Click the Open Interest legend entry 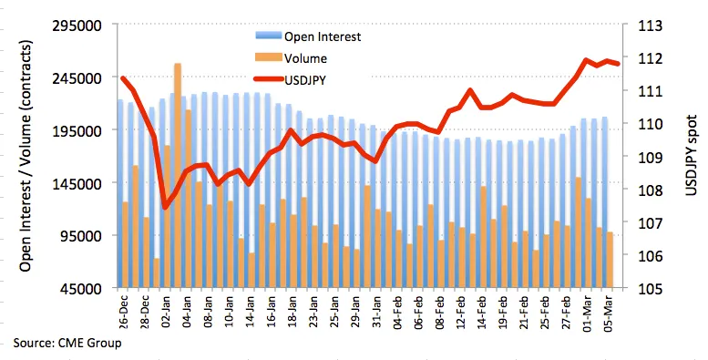click(x=308, y=36)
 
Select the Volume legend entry click(x=292, y=57)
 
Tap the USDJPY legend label click(x=291, y=80)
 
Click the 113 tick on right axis click(x=651, y=26)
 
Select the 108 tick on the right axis click(x=651, y=190)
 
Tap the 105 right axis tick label click(x=651, y=289)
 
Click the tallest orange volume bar click(x=178, y=175)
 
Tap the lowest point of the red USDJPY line click(x=165, y=207)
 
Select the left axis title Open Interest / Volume click(x=26, y=156)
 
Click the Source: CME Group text click(x=67, y=343)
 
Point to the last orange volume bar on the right click(x=609, y=260)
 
